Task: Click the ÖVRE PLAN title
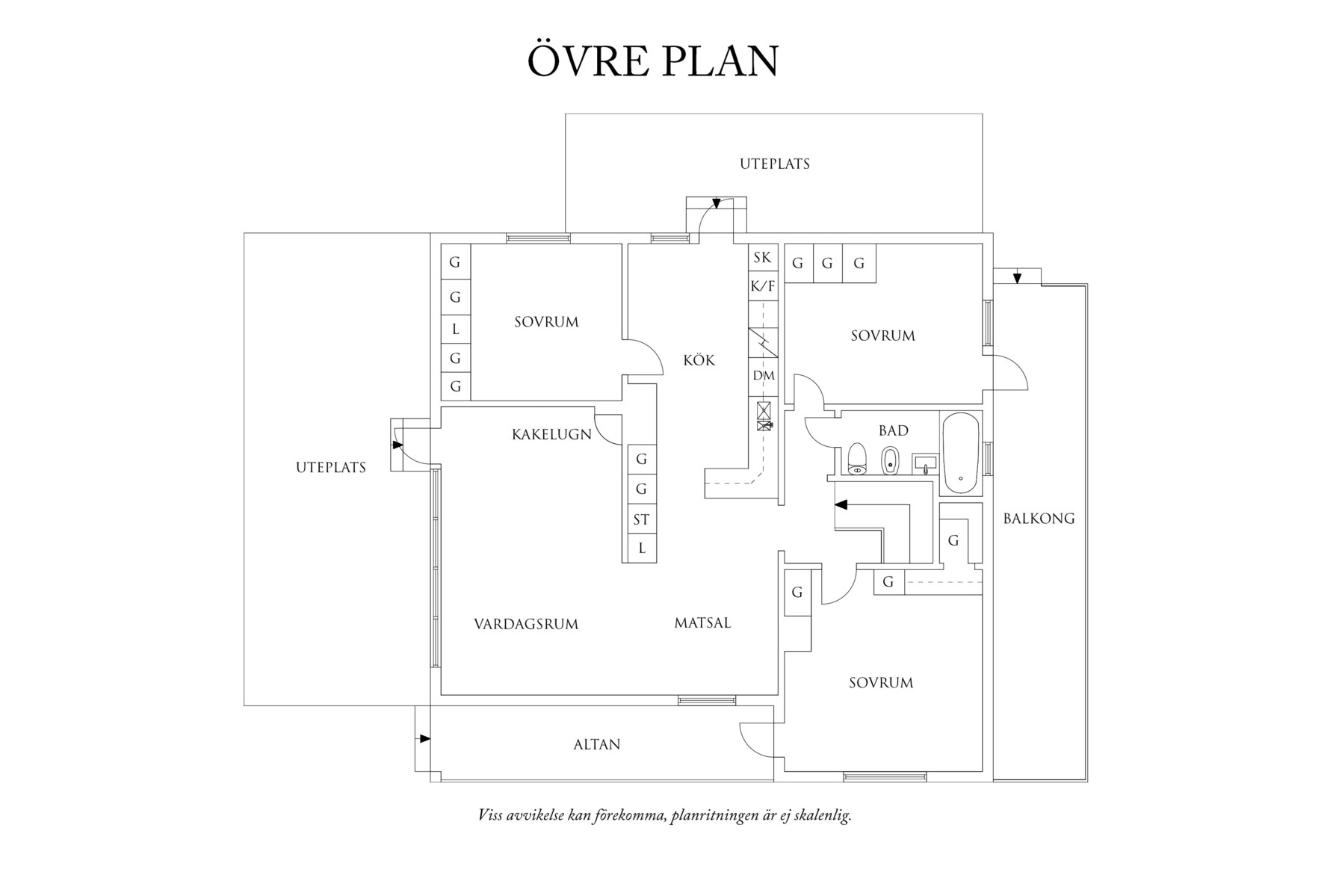tap(653, 61)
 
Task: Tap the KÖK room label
tap(699, 360)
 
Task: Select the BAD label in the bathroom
tap(893, 430)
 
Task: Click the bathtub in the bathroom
tap(959, 453)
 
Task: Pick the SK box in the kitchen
tap(762, 258)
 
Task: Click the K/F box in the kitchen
tap(762, 286)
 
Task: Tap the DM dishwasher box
tap(763, 375)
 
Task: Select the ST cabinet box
tap(640, 519)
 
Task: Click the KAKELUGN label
tap(551, 434)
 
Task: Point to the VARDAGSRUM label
tap(526, 624)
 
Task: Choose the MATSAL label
tap(702, 622)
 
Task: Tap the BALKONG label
tap(1039, 518)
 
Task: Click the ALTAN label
tap(596, 744)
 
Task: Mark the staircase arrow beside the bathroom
tap(841, 504)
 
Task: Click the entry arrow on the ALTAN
tap(424, 738)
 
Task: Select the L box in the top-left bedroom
tap(455, 329)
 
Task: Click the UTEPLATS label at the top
tap(774, 164)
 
